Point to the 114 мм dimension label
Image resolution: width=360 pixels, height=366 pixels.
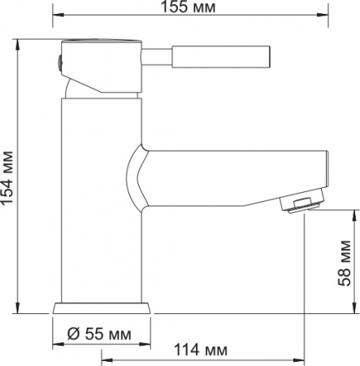pyautogui.click(x=199, y=351)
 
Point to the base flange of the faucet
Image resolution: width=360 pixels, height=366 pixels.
pyautogui.click(x=102, y=309)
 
